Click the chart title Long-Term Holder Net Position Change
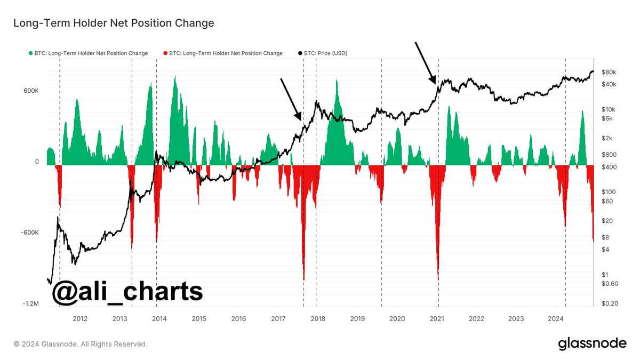114,23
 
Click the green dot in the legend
30,53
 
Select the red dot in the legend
165,53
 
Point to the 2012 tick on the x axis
80,319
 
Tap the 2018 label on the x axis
318,319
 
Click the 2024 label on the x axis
556,319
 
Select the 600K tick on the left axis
31,91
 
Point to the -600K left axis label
30,233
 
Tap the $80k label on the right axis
609,72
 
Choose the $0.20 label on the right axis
610,303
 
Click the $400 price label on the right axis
607,167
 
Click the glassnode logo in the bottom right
592,344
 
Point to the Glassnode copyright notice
81,344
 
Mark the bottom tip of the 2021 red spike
438,279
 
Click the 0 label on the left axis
37,162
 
